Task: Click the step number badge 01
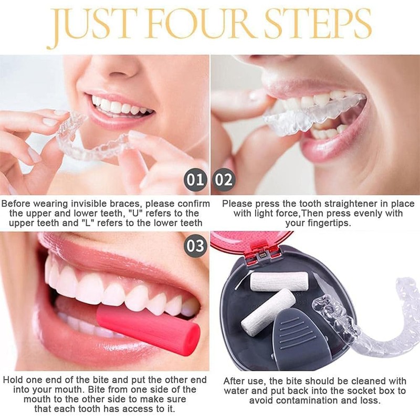196,181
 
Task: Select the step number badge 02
224,181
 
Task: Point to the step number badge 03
195,246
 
